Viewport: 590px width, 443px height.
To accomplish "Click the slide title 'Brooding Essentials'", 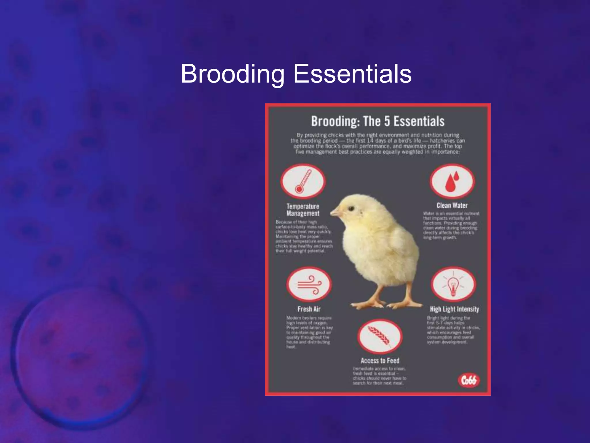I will click(x=296, y=74).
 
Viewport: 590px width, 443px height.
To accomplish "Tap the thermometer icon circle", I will click(x=303, y=181).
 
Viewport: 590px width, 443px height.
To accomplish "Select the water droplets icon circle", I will click(x=452, y=181).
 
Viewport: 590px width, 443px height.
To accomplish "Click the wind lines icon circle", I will click(x=309, y=284).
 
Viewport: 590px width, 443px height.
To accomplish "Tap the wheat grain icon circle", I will click(x=380, y=336).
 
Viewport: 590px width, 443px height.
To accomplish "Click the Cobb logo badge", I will click(x=469, y=380).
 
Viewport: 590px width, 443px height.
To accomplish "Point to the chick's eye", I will click(x=351, y=208).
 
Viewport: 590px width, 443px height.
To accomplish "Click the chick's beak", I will click(x=335, y=213).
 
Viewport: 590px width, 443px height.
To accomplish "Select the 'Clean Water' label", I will click(x=452, y=206).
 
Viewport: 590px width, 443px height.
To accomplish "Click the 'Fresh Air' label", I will click(x=309, y=309).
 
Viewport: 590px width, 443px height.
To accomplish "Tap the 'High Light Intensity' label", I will click(x=454, y=309).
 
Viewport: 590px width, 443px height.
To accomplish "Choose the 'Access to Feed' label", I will click(x=380, y=361).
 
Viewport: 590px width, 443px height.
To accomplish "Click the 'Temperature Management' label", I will click(x=303, y=210).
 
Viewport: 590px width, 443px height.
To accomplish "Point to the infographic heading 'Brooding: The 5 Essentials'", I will click(x=378, y=121).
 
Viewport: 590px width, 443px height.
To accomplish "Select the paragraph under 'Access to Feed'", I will click(x=379, y=376).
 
